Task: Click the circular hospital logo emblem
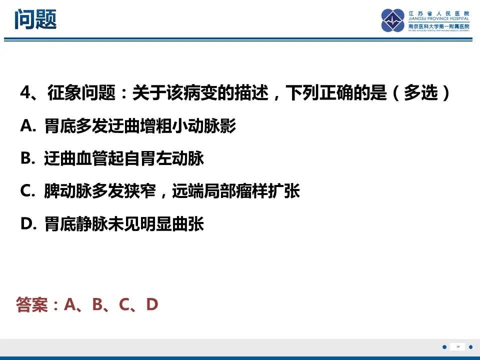pos(392,20)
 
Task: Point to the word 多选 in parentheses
pos(420,93)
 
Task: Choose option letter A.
pos(26,126)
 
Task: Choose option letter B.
pos(26,159)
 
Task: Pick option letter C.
pos(26,191)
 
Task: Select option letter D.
pos(26,224)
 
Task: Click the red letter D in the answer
pos(152,304)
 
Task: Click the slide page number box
pos(457,347)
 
